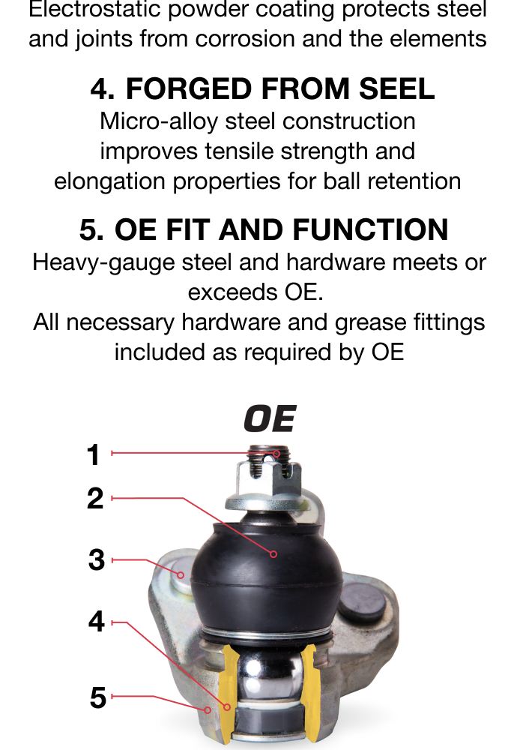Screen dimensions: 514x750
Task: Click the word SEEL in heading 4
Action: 397,89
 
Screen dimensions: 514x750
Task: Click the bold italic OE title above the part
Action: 270,418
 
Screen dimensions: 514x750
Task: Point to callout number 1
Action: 94,454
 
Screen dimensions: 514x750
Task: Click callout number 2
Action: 95,498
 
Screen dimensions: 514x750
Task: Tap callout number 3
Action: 97,559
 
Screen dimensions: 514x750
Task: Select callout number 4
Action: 97,621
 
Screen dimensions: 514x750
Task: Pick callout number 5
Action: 97,697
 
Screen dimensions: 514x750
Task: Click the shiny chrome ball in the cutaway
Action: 270,676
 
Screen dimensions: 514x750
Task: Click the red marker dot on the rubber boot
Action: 273,554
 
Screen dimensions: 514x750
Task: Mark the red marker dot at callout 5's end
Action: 208,709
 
